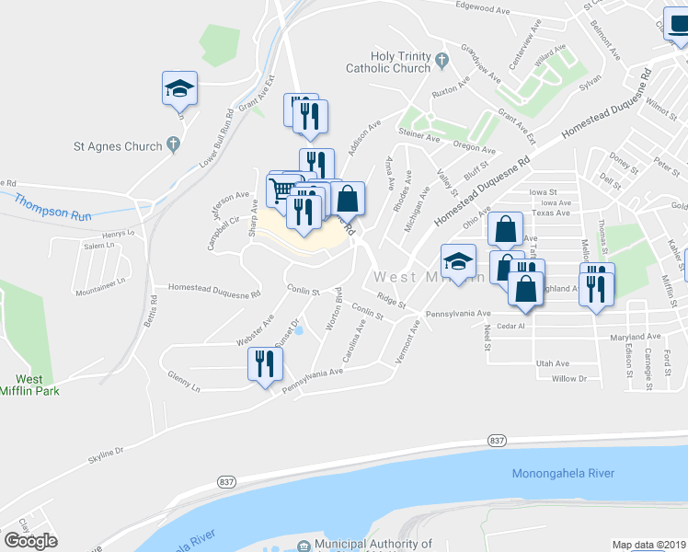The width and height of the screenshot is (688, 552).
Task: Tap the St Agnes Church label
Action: (x=118, y=145)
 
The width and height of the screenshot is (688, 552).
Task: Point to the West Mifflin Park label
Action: (x=28, y=385)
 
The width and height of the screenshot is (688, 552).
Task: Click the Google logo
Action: (x=30, y=541)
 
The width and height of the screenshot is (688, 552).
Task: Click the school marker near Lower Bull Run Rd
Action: (x=179, y=88)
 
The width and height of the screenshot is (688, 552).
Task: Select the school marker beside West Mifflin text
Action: (x=458, y=262)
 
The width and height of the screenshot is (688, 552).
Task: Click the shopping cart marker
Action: (x=283, y=190)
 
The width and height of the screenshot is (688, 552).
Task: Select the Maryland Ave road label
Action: (x=636, y=337)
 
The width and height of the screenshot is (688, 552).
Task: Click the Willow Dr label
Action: (x=569, y=378)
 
